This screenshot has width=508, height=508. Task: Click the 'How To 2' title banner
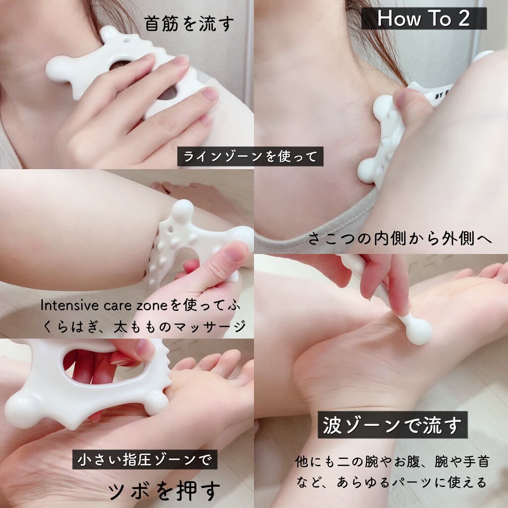(x=424, y=18)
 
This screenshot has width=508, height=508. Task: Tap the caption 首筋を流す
(x=189, y=24)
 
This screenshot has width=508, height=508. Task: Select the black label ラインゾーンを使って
(x=250, y=156)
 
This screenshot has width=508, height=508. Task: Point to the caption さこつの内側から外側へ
(x=400, y=239)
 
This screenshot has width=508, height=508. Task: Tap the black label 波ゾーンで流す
(x=393, y=425)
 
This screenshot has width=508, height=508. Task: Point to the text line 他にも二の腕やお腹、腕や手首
(x=392, y=461)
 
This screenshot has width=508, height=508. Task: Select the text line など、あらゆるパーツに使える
(x=392, y=482)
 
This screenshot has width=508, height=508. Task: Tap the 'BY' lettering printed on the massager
(x=440, y=96)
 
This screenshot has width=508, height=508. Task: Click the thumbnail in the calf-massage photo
(x=232, y=251)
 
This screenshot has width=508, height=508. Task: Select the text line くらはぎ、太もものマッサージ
(x=144, y=326)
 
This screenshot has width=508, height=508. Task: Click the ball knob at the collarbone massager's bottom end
(x=369, y=170)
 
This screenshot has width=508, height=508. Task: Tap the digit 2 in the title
(x=464, y=18)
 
